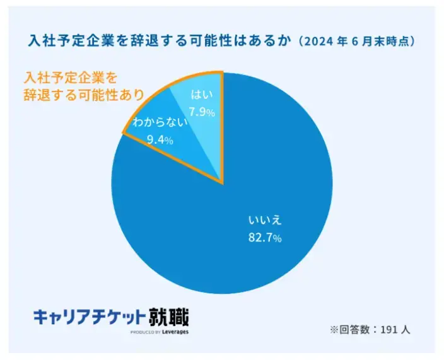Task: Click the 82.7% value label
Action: [x=265, y=238]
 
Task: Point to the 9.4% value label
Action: [x=160, y=140]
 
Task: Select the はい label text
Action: [x=201, y=96]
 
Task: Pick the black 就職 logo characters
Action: [x=168, y=315]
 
